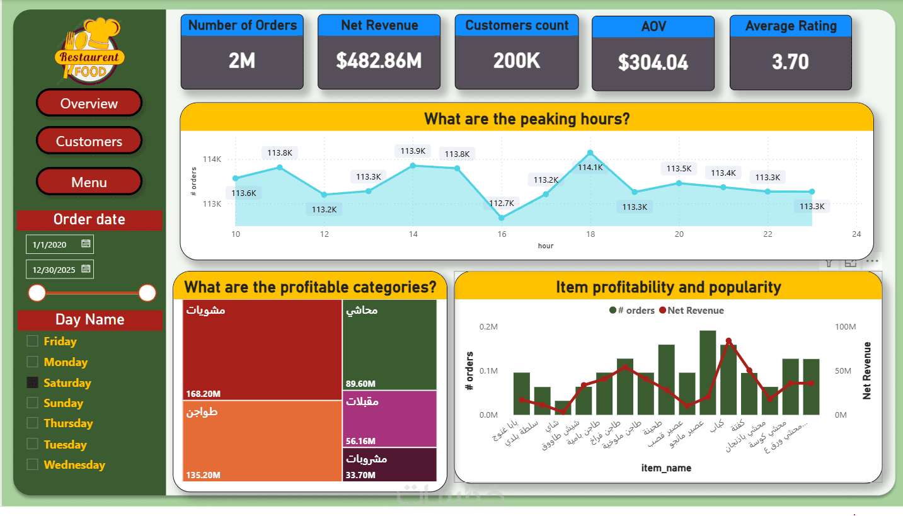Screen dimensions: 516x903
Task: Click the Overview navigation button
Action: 89,103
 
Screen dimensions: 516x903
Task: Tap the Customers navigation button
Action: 89,141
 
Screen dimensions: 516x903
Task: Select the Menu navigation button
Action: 89,182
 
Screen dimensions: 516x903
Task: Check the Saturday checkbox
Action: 32,382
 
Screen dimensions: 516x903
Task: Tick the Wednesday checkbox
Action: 32,464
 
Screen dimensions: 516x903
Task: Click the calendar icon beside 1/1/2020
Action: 86,243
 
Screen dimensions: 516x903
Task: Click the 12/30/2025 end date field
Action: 54,270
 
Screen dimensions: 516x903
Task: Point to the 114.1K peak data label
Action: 590,167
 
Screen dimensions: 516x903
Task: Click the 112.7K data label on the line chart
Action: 502,203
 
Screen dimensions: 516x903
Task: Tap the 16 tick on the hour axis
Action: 502,234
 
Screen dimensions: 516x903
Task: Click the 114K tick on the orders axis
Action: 212,159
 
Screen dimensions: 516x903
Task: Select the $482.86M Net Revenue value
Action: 379,61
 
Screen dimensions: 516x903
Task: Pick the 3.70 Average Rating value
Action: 790,62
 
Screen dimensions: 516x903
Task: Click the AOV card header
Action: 653,27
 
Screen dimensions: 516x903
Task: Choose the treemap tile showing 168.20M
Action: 262,350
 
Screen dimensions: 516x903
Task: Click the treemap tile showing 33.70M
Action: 389,465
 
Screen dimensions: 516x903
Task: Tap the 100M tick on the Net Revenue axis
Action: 845,327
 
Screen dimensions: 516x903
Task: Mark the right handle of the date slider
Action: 147,293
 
